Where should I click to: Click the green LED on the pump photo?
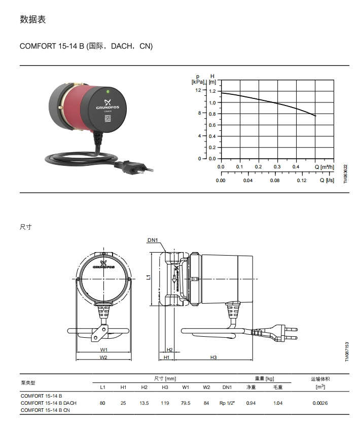(x=108, y=92)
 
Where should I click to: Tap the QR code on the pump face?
(x=107, y=119)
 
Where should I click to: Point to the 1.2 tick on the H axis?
(x=212, y=91)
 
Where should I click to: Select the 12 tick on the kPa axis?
(x=198, y=90)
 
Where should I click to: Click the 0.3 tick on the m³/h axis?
(x=277, y=167)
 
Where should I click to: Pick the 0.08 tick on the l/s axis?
(x=275, y=181)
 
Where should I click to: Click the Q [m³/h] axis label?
(x=325, y=167)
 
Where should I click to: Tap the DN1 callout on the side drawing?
(x=153, y=240)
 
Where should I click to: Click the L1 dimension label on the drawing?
(x=149, y=277)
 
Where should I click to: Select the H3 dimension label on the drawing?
(x=213, y=357)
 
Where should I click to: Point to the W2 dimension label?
(x=103, y=357)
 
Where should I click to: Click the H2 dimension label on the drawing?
(x=169, y=350)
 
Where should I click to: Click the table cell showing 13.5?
(x=144, y=403)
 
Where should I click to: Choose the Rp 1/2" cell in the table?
(x=227, y=403)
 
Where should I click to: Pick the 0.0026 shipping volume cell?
(x=320, y=403)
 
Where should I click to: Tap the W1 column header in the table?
(x=186, y=387)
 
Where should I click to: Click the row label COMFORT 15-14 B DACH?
(x=49, y=403)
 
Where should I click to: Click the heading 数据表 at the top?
(x=32, y=19)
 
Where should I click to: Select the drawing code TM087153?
(x=347, y=351)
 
